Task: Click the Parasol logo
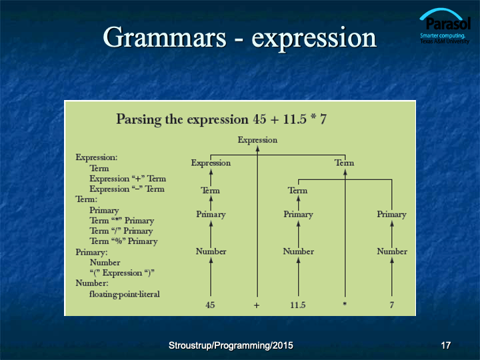coord(445,26)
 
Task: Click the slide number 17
coord(446,345)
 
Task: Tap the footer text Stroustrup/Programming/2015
coord(231,345)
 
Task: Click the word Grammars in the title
coord(165,37)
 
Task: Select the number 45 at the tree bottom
coord(210,305)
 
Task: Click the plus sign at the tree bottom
coord(257,305)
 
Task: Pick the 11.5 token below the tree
coord(298,305)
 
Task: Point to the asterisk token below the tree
coord(345,304)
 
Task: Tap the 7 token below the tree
coord(391,305)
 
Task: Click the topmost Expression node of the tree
coord(257,140)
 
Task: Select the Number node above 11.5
coord(299,251)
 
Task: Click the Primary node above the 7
coord(391,214)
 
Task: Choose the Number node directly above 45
coord(211,251)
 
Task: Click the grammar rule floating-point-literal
coord(125,294)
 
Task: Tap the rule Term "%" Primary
coord(123,241)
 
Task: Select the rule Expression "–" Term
coord(127,189)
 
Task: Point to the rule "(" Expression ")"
coord(122,273)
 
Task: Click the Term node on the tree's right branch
coord(345,163)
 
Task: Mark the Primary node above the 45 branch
coord(211,214)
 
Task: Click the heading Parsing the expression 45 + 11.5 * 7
coord(221,119)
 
